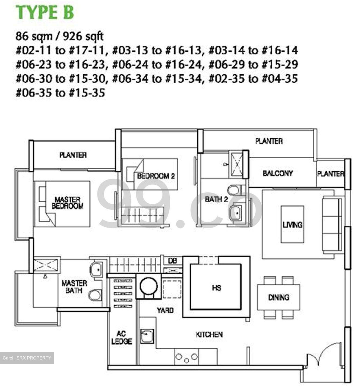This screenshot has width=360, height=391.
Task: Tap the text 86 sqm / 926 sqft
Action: [x=60, y=36]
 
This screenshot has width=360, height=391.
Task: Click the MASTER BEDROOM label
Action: [x=67, y=203]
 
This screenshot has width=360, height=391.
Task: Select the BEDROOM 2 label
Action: [x=156, y=176]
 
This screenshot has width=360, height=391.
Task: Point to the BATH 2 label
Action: [x=216, y=199]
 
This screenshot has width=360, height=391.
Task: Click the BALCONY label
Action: [x=277, y=173]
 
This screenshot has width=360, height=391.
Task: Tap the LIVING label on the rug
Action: [x=292, y=225]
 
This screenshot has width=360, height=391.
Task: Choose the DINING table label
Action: [x=279, y=297]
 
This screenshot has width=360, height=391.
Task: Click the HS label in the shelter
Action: [x=216, y=288]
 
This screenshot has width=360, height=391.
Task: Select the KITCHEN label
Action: [x=209, y=335]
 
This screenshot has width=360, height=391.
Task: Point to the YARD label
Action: [x=165, y=310]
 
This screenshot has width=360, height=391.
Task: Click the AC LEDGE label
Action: [x=121, y=338]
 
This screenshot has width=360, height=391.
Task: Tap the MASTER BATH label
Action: [x=74, y=287]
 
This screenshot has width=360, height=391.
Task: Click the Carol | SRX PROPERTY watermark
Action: [x=27, y=358]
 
